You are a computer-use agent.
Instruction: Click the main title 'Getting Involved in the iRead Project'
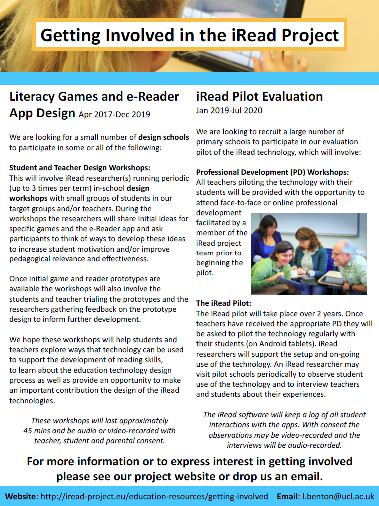tap(189, 35)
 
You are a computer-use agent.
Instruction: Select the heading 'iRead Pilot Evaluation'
tap(259, 96)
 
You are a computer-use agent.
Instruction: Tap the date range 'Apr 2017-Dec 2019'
tap(114, 115)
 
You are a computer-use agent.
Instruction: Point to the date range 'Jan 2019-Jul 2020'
tap(229, 110)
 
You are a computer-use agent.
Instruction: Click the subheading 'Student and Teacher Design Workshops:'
tap(80, 167)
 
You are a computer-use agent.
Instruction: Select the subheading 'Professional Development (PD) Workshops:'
tap(272, 171)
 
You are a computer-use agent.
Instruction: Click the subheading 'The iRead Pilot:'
tap(223, 303)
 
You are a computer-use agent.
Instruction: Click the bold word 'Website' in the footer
tap(20, 496)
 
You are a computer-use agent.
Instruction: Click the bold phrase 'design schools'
tap(164, 137)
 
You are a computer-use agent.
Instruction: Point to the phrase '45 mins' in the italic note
tap(37, 431)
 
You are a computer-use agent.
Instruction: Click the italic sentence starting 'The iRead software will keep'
tap(284, 415)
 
